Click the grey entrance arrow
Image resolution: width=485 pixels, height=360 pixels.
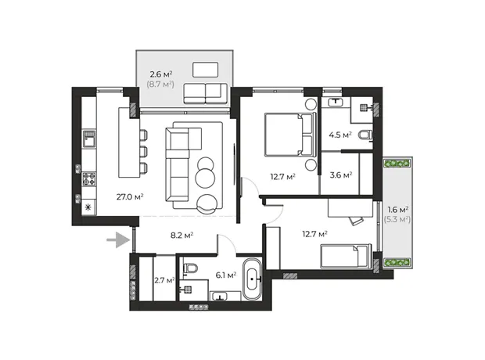(x=119, y=239)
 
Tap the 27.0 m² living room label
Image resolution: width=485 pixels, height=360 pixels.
(x=130, y=196)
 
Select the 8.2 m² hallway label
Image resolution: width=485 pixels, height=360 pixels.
(x=181, y=236)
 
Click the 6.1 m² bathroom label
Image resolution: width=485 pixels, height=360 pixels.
(x=226, y=275)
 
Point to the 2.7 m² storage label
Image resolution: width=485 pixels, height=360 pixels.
(x=164, y=280)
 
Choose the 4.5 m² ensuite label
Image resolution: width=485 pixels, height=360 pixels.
(x=340, y=135)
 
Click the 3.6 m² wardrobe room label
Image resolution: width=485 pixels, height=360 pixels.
(x=341, y=175)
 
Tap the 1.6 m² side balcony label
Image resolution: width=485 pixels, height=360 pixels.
(x=397, y=210)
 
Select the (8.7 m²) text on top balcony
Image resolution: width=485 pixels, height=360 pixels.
(x=160, y=84)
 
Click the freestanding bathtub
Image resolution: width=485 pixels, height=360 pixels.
(x=253, y=279)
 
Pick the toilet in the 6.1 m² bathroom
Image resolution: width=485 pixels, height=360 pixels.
(x=190, y=268)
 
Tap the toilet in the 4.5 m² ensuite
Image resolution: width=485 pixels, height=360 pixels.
(x=365, y=135)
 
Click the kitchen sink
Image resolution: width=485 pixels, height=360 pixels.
(x=89, y=138)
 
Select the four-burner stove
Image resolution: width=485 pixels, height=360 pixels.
(x=89, y=179)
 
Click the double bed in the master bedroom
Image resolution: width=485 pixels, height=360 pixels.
(x=290, y=134)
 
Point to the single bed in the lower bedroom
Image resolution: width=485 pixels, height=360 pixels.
(x=346, y=256)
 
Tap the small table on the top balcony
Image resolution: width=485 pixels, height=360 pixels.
(x=206, y=70)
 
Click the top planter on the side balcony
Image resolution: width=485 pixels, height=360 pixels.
(x=397, y=163)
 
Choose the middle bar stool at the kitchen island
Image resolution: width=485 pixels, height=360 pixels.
(x=143, y=152)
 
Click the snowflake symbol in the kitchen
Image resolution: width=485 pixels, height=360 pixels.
(x=88, y=207)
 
